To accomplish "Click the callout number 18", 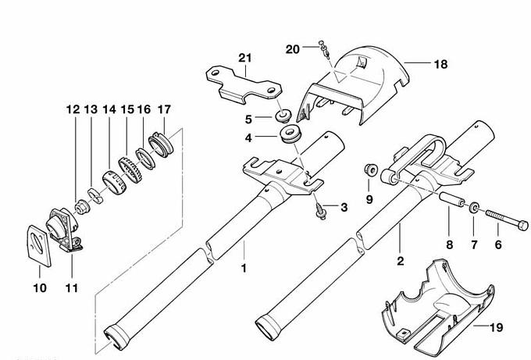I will (x=440, y=65).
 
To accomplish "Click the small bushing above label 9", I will (x=372, y=169).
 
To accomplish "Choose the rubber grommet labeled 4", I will (x=290, y=134).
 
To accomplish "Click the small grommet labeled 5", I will (x=278, y=117).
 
